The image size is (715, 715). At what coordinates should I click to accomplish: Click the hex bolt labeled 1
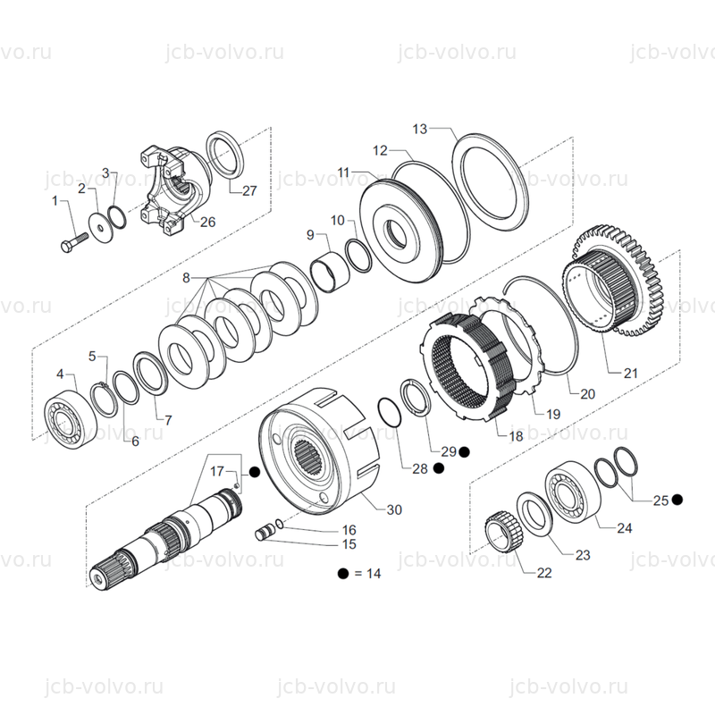[74, 242]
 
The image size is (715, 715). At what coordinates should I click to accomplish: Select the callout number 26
[207, 222]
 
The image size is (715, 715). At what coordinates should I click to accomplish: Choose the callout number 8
[186, 278]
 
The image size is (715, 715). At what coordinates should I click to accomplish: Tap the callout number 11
[343, 172]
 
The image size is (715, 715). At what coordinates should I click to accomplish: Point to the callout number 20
[587, 393]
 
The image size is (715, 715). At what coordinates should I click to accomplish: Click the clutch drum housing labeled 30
[320, 450]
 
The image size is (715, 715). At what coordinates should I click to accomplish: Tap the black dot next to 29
[464, 451]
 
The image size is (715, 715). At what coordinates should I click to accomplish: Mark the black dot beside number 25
[677, 500]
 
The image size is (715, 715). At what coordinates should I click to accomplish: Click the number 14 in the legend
[374, 573]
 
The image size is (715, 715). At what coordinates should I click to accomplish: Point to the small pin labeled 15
[265, 532]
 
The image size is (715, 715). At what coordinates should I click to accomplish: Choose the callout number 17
[217, 471]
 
